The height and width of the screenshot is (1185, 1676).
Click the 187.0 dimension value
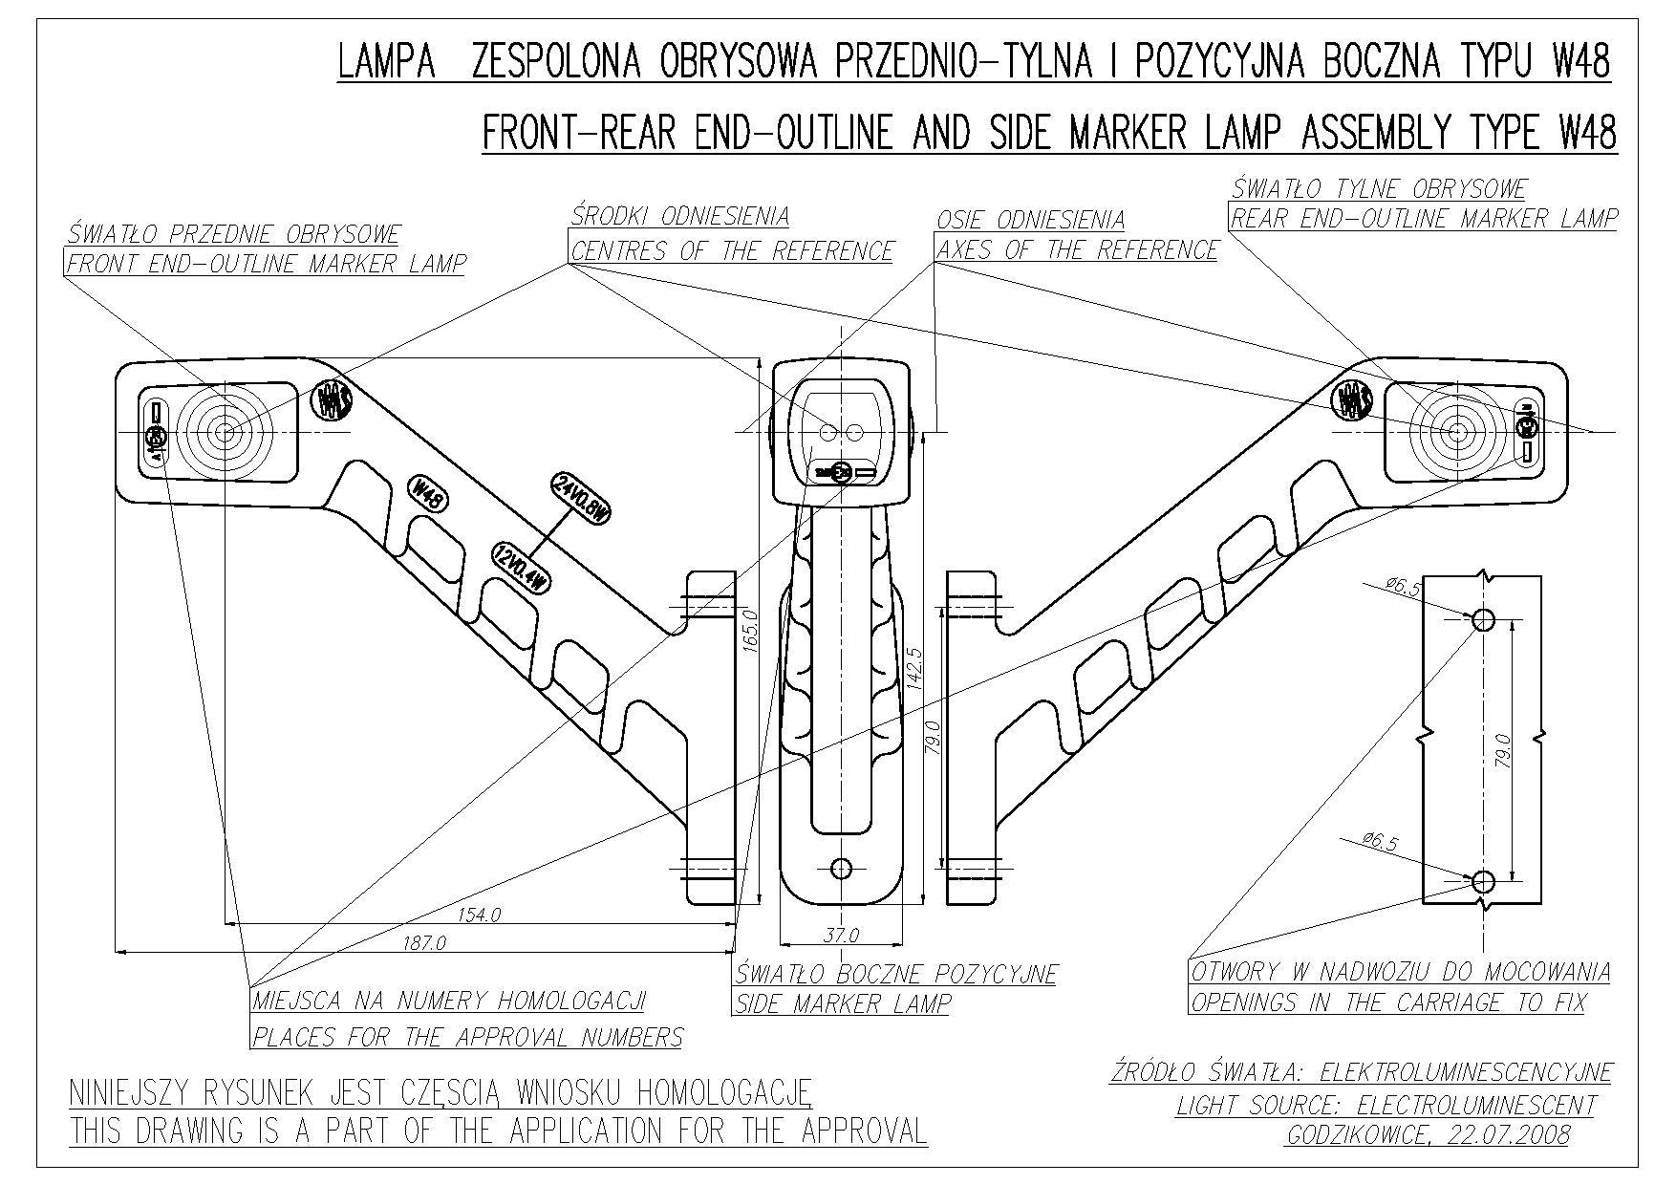point(425,943)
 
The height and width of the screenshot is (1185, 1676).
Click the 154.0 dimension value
point(479,915)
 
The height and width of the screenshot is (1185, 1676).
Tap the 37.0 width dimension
point(841,935)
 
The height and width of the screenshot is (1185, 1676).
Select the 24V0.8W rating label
point(580,498)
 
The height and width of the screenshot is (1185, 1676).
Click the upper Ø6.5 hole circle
point(1483,620)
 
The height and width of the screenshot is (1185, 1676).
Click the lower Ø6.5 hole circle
point(1483,880)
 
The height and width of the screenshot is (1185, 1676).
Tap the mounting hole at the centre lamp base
point(841,868)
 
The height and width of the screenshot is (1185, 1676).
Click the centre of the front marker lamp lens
point(226,432)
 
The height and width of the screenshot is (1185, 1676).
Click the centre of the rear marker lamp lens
point(1456,432)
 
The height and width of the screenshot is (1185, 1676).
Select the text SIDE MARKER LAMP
point(844,1003)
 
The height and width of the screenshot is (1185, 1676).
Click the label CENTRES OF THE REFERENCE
point(732,250)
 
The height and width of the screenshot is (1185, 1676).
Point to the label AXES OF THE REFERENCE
point(1077,250)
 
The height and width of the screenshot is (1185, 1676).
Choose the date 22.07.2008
point(1511,1134)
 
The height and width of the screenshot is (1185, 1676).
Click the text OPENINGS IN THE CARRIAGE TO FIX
point(1387,1002)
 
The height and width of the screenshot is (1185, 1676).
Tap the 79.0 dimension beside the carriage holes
point(1503,750)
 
